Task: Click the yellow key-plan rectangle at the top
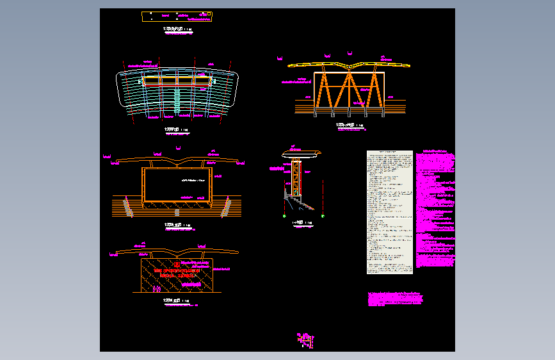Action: [177, 17]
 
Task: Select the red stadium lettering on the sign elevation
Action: [176, 273]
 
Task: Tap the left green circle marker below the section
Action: [285, 216]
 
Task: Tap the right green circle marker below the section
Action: [323, 216]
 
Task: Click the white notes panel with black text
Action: [389, 212]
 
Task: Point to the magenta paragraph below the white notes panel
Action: [395, 299]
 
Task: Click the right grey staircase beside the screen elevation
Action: [226, 206]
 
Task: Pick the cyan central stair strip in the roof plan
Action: [177, 96]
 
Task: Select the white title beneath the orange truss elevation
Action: [350, 125]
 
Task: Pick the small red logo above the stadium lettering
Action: [176, 263]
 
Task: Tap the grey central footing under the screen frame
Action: [177, 204]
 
